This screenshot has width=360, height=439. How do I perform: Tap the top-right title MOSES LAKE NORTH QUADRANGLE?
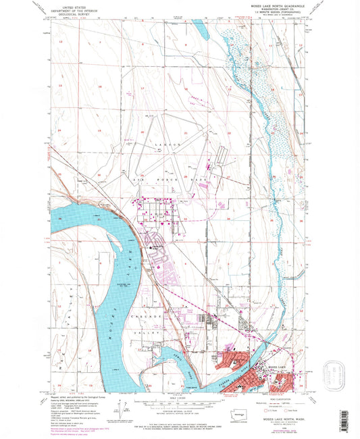(271, 4)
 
